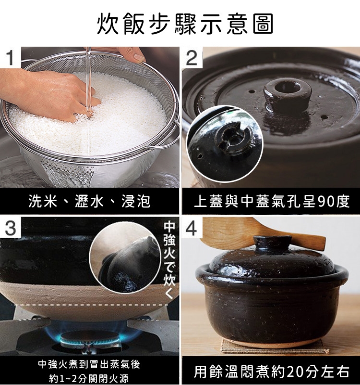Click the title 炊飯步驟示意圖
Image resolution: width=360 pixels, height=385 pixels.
185,24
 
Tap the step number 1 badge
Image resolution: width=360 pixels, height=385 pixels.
11,57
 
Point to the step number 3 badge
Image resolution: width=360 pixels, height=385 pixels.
11,227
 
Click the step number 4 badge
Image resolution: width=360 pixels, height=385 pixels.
192,227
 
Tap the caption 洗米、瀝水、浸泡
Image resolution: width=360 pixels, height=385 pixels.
89,202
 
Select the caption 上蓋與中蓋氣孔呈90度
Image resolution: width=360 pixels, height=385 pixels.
272,202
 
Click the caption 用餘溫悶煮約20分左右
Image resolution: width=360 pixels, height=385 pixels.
272,372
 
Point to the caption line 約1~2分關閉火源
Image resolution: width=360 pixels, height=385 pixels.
89,378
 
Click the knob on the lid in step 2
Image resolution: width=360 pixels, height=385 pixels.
287,94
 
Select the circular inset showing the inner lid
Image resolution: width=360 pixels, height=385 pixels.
224,143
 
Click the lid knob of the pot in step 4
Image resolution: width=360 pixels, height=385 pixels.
272,243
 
